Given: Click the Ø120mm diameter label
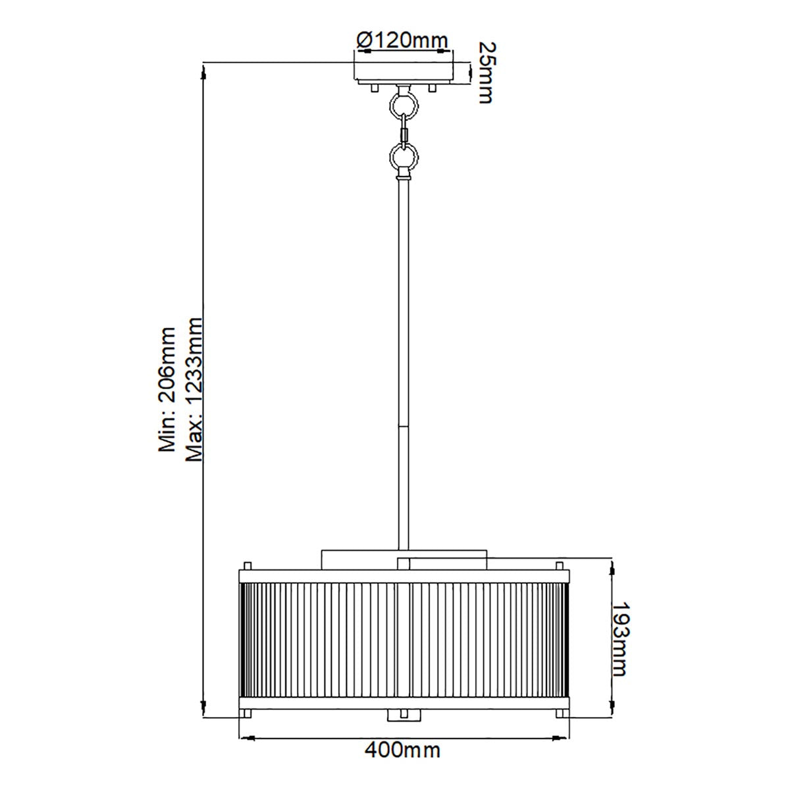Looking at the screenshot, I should pyautogui.click(x=402, y=41).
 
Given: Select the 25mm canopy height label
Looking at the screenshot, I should pyautogui.click(x=485, y=72).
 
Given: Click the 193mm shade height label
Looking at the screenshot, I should pyautogui.click(x=619, y=639).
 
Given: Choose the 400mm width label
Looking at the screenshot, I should pyautogui.click(x=402, y=749).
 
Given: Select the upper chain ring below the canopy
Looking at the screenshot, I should pyautogui.click(x=404, y=103).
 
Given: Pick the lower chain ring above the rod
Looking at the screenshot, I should pyautogui.click(x=404, y=156).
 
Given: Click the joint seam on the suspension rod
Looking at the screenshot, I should pyautogui.click(x=404, y=427).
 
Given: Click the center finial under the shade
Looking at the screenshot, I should pyautogui.click(x=404, y=715).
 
